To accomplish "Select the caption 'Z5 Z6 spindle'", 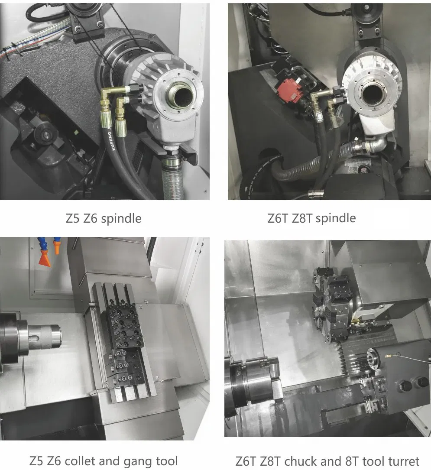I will [103, 218].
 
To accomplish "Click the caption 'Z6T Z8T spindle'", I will [311, 218].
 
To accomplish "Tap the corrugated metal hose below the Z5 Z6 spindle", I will [173, 182].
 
